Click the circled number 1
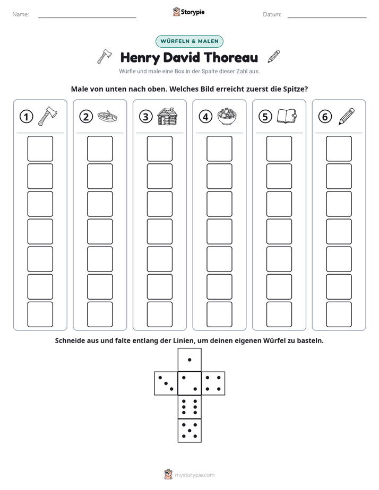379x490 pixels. pyautogui.click(x=26, y=117)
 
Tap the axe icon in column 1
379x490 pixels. pyautogui.click(x=48, y=116)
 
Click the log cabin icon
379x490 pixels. pyautogui.click(x=167, y=116)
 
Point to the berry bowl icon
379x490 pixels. pyautogui.click(x=227, y=116)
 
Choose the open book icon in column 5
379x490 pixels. pyautogui.click(x=287, y=116)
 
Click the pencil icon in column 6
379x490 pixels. pyautogui.click(x=347, y=116)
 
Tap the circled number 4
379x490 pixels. pyautogui.click(x=205, y=117)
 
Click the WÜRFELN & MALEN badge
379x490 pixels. pyautogui.click(x=189, y=41)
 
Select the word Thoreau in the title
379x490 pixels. pyautogui.click(x=231, y=57)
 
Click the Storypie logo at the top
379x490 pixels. pyautogui.click(x=189, y=12)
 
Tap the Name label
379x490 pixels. pyautogui.click(x=21, y=14)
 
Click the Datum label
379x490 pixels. pyautogui.click(x=272, y=14)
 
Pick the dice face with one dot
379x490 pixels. pyautogui.click(x=189, y=360)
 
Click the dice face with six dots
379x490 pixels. pyautogui.click(x=189, y=407)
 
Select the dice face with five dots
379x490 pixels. pyautogui.click(x=189, y=431)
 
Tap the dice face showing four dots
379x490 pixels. pyautogui.click(x=213, y=383)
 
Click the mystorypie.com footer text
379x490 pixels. pyautogui.click(x=194, y=475)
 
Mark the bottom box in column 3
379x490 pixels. pyautogui.click(x=159, y=314)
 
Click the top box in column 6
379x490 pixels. pyautogui.click(x=339, y=148)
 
